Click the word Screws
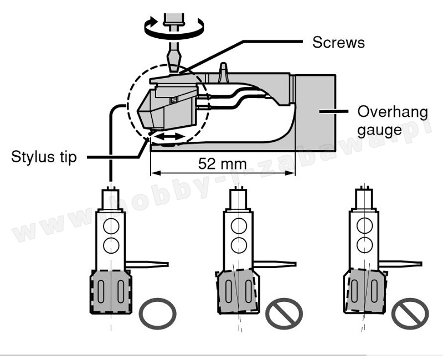[338, 42]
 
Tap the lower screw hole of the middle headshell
[239, 244]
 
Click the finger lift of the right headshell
[401, 263]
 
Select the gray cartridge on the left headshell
[111, 291]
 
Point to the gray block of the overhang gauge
[315, 111]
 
